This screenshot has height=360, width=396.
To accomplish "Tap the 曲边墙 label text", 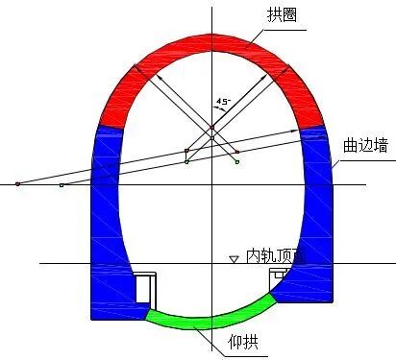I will pos(362,144).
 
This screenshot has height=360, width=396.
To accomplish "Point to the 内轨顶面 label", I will pos(276,256).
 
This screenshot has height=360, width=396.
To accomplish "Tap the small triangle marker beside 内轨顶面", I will pos(233,259).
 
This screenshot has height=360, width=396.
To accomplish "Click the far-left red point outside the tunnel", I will pos(17,182).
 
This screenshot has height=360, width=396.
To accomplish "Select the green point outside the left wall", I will pos(61,184).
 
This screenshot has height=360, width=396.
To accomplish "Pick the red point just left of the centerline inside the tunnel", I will pos(186,150).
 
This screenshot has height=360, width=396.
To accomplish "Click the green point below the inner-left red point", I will pos(186,162).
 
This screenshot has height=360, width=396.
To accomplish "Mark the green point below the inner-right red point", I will pos(236,162).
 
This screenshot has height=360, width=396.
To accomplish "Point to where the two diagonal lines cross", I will pos(212,128).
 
